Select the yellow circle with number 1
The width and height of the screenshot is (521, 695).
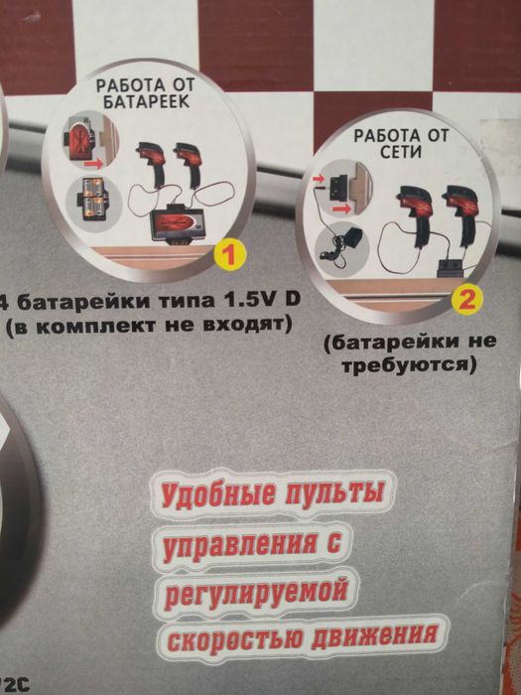point(228,255)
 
